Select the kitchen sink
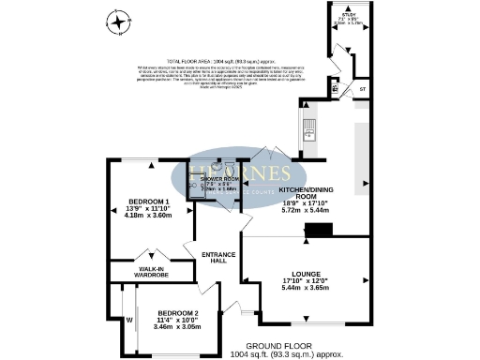pyautogui.click(x=309, y=127)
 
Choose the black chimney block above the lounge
pyautogui.click(x=321, y=231)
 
